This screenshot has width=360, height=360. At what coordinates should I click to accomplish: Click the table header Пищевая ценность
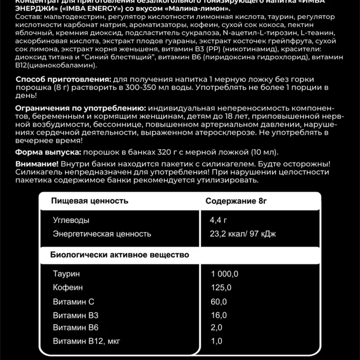coord(89,201)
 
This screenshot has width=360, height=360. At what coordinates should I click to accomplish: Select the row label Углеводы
coord(71,220)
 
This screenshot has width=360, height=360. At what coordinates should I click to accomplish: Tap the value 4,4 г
coord(218,220)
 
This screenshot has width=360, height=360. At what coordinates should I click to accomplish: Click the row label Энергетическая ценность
coord(102,234)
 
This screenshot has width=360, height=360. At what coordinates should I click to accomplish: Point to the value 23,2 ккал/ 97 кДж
coord(243,234)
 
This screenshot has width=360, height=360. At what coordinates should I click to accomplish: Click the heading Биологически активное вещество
coord(120,254)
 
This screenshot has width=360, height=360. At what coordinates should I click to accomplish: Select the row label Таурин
coord(67,274)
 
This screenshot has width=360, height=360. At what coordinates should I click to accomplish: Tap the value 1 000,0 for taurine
coord(225,274)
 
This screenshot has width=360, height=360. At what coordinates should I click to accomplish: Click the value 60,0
coord(218,301)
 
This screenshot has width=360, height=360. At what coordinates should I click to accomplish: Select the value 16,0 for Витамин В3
coord(218,315)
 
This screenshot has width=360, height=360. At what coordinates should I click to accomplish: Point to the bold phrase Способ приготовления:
coord(63,79)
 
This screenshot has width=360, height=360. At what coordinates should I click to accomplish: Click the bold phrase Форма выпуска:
coord(48,152)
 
